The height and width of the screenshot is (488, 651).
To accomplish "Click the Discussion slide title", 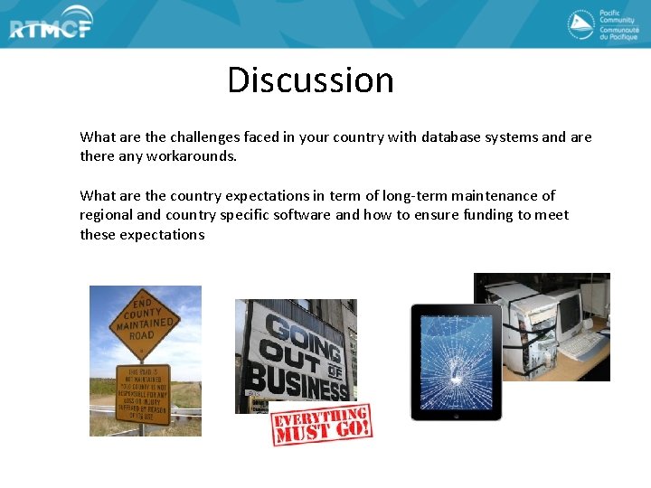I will pyautogui.click(x=310, y=80).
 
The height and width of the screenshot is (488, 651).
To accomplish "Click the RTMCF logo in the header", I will pyautogui.click(x=51, y=27).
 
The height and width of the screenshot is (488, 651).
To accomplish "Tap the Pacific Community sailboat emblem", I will pyautogui.click(x=580, y=24).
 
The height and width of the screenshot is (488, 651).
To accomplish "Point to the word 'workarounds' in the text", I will pyautogui.click(x=194, y=156).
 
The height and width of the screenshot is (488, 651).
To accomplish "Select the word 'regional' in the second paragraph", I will pyautogui.click(x=107, y=215).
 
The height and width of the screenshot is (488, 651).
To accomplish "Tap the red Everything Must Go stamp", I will pyautogui.click(x=321, y=422).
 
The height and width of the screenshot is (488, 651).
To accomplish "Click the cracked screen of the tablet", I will pyautogui.click(x=456, y=361).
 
